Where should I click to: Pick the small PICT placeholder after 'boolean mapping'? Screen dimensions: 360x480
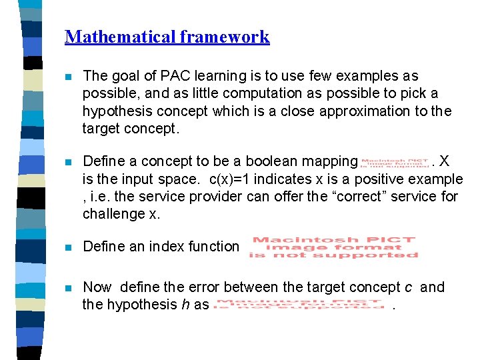[395, 162]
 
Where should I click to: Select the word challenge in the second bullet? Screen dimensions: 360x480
[111, 213]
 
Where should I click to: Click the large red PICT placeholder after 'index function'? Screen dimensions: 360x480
[333, 247]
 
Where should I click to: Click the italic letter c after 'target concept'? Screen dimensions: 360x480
[408, 287]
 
